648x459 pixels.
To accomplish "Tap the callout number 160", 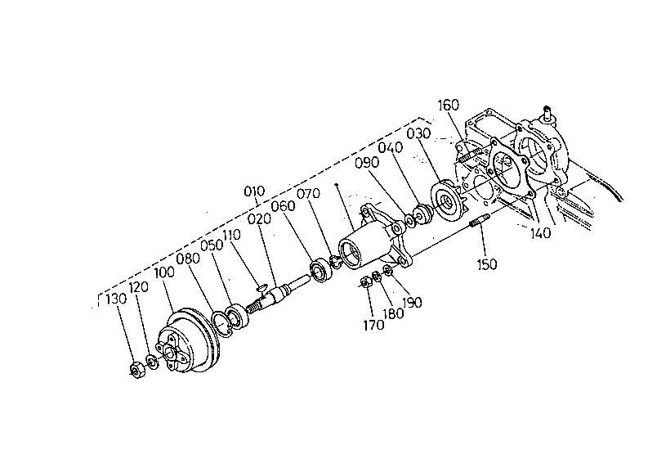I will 449,106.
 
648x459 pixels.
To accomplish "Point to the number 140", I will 540,233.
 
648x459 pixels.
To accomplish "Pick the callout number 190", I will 412,302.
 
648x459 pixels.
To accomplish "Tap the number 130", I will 116,299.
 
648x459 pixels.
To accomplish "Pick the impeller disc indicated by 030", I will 446,200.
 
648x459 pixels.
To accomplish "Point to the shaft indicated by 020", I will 283,290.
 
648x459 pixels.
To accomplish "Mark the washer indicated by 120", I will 154,362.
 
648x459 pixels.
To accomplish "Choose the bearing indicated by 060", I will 320,270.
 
